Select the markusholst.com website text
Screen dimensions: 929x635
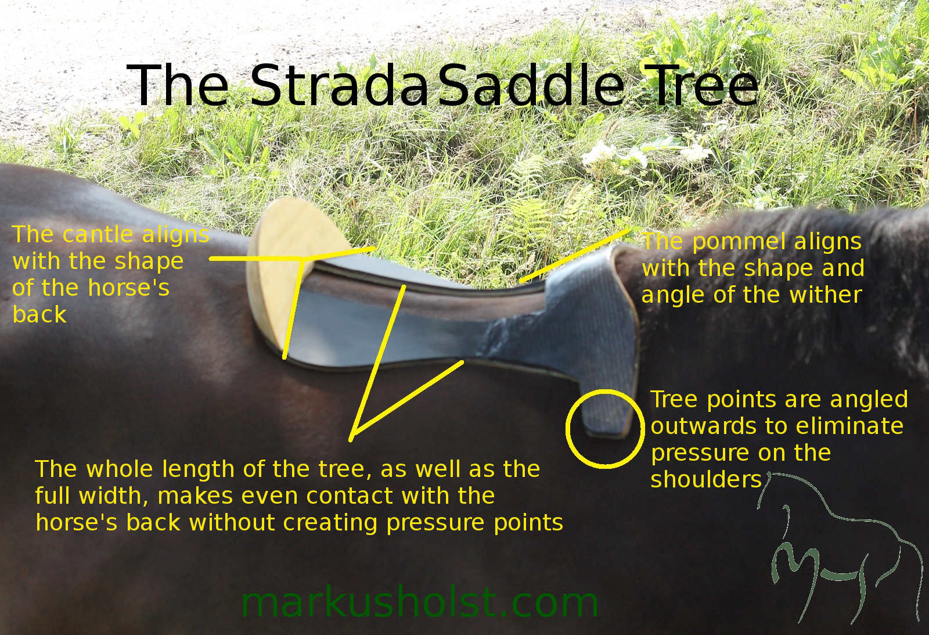coord(419,602)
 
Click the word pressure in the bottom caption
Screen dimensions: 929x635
coord(435,523)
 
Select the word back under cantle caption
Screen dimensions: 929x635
coord(39,314)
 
